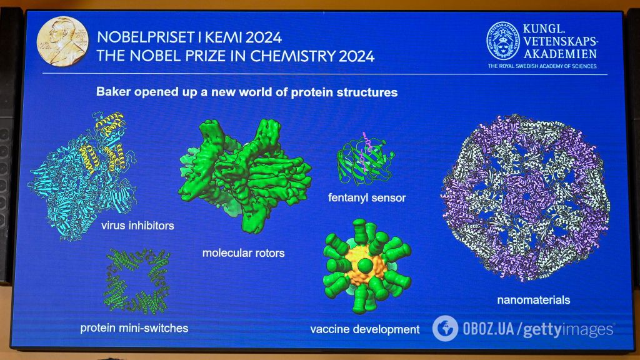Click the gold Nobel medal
pos(62,41)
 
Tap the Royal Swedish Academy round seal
pos(503,42)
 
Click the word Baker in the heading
pos(113,92)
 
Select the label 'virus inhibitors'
pos(137,225)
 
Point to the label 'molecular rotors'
pos(243,253)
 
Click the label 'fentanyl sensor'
pos(367,198)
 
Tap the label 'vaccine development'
pos(365,329)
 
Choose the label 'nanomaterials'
pos(533,299)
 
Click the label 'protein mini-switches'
pos(134,327)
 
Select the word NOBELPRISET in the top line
pos(141,37)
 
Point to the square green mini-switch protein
pos(136,281)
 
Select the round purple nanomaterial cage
pos(526,197)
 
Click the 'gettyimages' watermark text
pos(568,329)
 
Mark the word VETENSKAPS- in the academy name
pos(558,41)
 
